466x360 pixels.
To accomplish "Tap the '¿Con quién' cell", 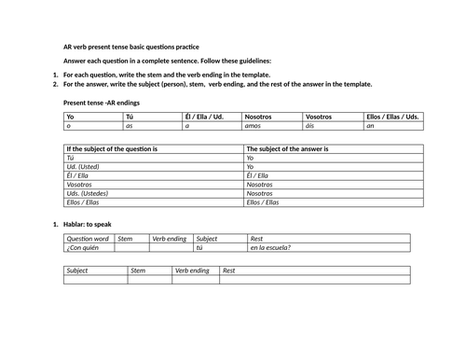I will point(84,247).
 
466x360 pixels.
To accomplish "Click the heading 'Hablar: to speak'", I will point(91,225).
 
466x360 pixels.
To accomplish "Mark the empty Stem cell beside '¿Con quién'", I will point(130,247).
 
